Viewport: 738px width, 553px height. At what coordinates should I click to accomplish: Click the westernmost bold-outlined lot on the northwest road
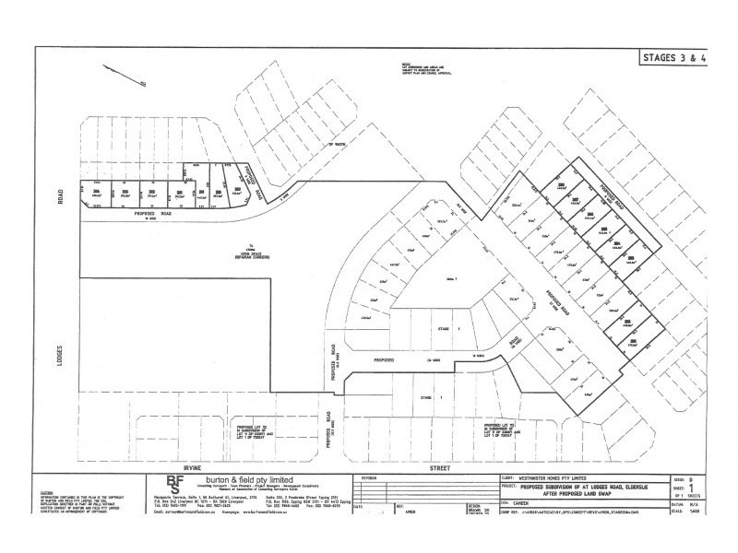pos(95,194)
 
